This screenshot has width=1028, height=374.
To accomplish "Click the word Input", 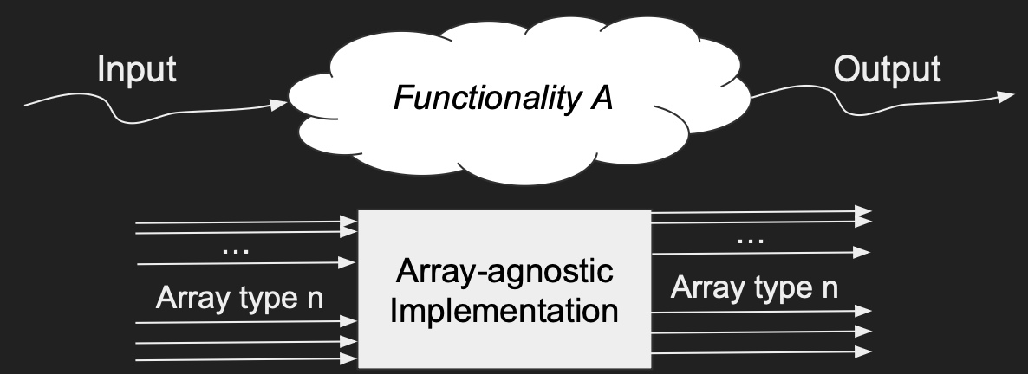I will [x=137, y=69].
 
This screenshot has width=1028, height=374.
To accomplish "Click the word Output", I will [x=886, y=69].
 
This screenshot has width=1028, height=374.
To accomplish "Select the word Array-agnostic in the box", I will [x=504, y=274].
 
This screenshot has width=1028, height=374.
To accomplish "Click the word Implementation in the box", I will [x=504, y=309].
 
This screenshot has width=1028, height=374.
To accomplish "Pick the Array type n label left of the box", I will [x=240, y=299].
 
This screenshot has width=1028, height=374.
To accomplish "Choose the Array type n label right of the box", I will [x=754, y=287].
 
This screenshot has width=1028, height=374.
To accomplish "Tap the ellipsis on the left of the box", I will [x=235, y=249].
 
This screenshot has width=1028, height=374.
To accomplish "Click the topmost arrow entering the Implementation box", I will [x=246, y=224].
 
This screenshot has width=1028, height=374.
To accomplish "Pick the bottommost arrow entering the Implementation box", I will [x=246, y=358].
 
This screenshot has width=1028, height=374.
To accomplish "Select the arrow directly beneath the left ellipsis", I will [x=246, y=261].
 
